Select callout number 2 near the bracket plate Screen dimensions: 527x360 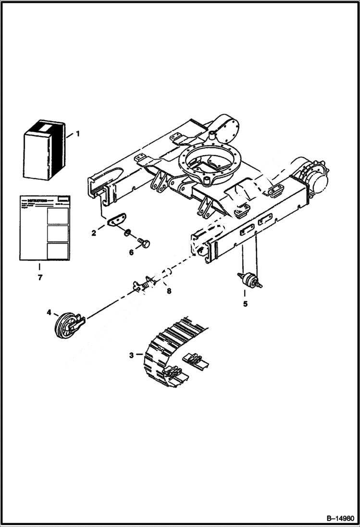(94, 233)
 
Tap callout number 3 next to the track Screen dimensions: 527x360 (132, 355)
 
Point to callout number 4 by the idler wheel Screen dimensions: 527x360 (49, 312)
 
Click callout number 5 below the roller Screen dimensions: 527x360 (245, 304)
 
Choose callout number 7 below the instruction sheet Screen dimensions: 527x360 (40, 277)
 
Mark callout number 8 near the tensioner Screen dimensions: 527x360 (168, 291)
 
